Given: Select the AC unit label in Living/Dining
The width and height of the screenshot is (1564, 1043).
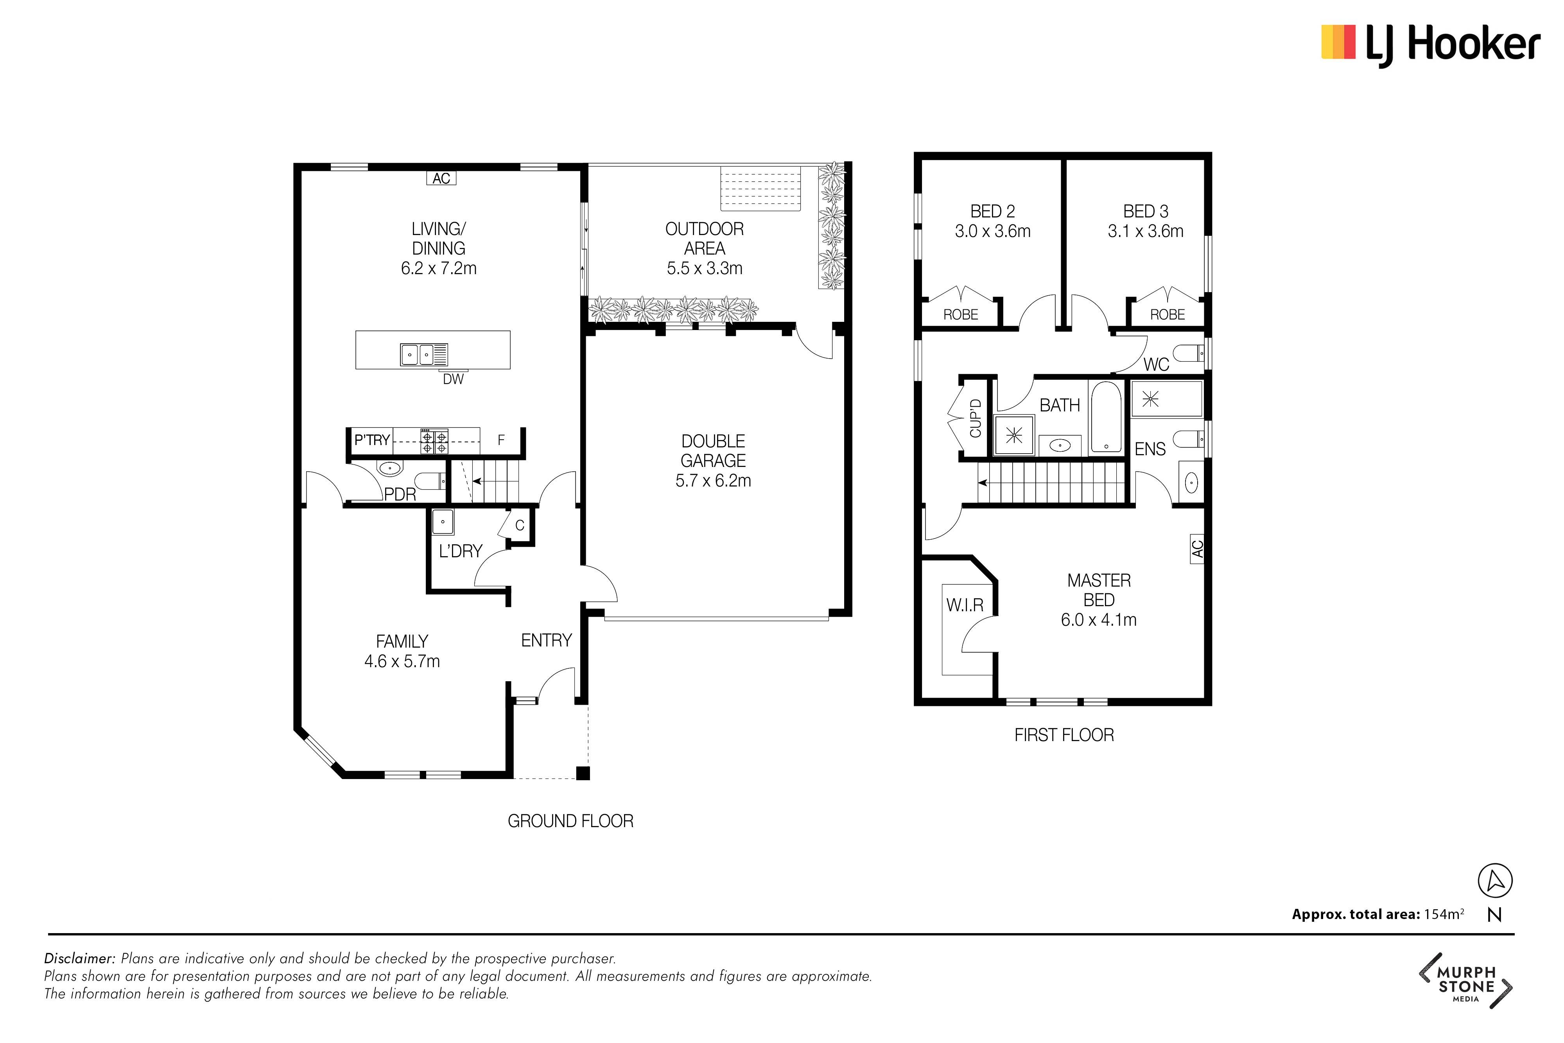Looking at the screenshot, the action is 441,178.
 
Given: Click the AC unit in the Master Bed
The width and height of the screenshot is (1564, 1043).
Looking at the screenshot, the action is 1197,549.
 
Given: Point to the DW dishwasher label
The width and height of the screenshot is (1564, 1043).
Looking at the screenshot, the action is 454,379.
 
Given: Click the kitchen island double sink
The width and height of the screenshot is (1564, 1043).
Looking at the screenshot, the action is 423,355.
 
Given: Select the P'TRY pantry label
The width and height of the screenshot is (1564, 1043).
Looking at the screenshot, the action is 372,440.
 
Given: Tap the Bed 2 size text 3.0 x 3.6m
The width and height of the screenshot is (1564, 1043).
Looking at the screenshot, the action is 993,232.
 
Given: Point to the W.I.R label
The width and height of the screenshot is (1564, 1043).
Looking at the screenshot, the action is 965,605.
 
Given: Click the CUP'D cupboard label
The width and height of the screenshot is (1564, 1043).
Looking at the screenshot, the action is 976,418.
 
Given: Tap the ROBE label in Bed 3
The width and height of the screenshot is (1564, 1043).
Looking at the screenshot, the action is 1167,315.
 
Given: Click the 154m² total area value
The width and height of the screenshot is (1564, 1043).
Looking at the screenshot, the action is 1444,914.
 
